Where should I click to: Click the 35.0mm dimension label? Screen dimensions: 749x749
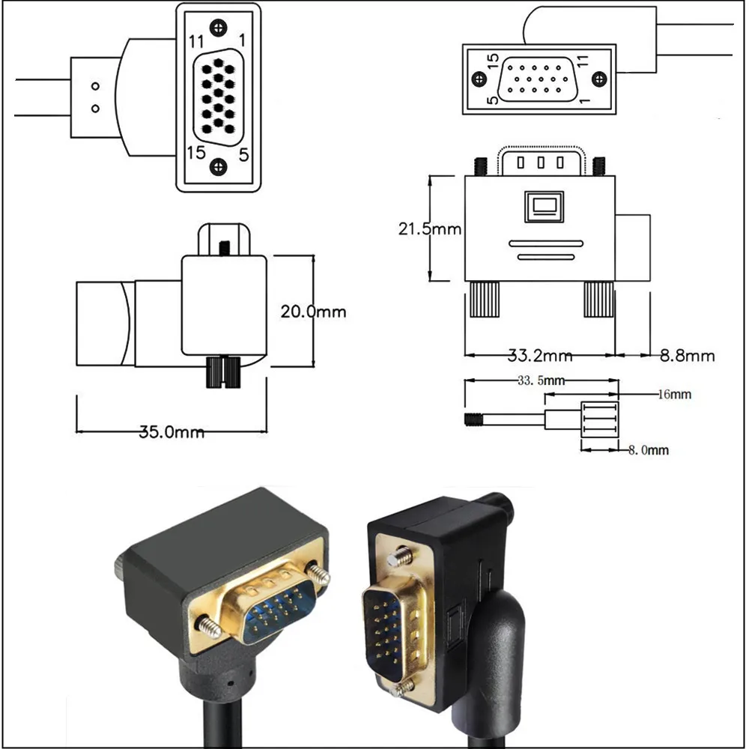pyautogui.click(x=172, y=432)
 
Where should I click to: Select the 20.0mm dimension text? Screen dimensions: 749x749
pyautogui.click(x=313, y=312)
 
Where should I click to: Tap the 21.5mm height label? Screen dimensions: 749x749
pyautogui.click(x=430, y=228)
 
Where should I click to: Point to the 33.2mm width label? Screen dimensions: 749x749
pyautogui.click(x=540, y=355)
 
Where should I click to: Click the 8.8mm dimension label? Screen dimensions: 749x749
pyautogui.click(x=688, y=355)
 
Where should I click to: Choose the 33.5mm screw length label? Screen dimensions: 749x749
pyautogui.click(x=541, y=380)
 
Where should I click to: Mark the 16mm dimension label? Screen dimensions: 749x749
pyautogui.click(x=675, y=394)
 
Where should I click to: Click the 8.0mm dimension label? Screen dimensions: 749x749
pyautogui.click(x=648, y=449)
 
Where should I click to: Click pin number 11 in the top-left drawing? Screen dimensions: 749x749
pyautogui.click(x=196, y=42)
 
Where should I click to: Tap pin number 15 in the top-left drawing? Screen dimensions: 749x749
pyautogui.click(x=196, y=152)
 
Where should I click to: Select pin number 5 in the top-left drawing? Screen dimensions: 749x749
pyautogui.click(x=243, y=155)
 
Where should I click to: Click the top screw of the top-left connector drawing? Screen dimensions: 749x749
pyautogui.click(x=218, y=27)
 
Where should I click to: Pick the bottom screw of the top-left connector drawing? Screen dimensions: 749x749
pyautogui.click(x=218, y=166)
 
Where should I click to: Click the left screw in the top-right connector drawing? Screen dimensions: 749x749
pyautogui.click(x=479, y=79)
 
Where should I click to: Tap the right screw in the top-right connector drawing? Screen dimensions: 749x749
pyautogui.click(x=599, y=79)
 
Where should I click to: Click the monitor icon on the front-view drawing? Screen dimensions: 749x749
pyautogui.click(x=544, y=207)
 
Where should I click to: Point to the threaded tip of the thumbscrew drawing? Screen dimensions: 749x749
pyautogui.click(x=474, y=419)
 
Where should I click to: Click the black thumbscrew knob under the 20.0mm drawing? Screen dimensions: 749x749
pyautogui.click(x=222, y=372)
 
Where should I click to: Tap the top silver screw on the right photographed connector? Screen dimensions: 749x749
pyautogui.click(x=400, y=557)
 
